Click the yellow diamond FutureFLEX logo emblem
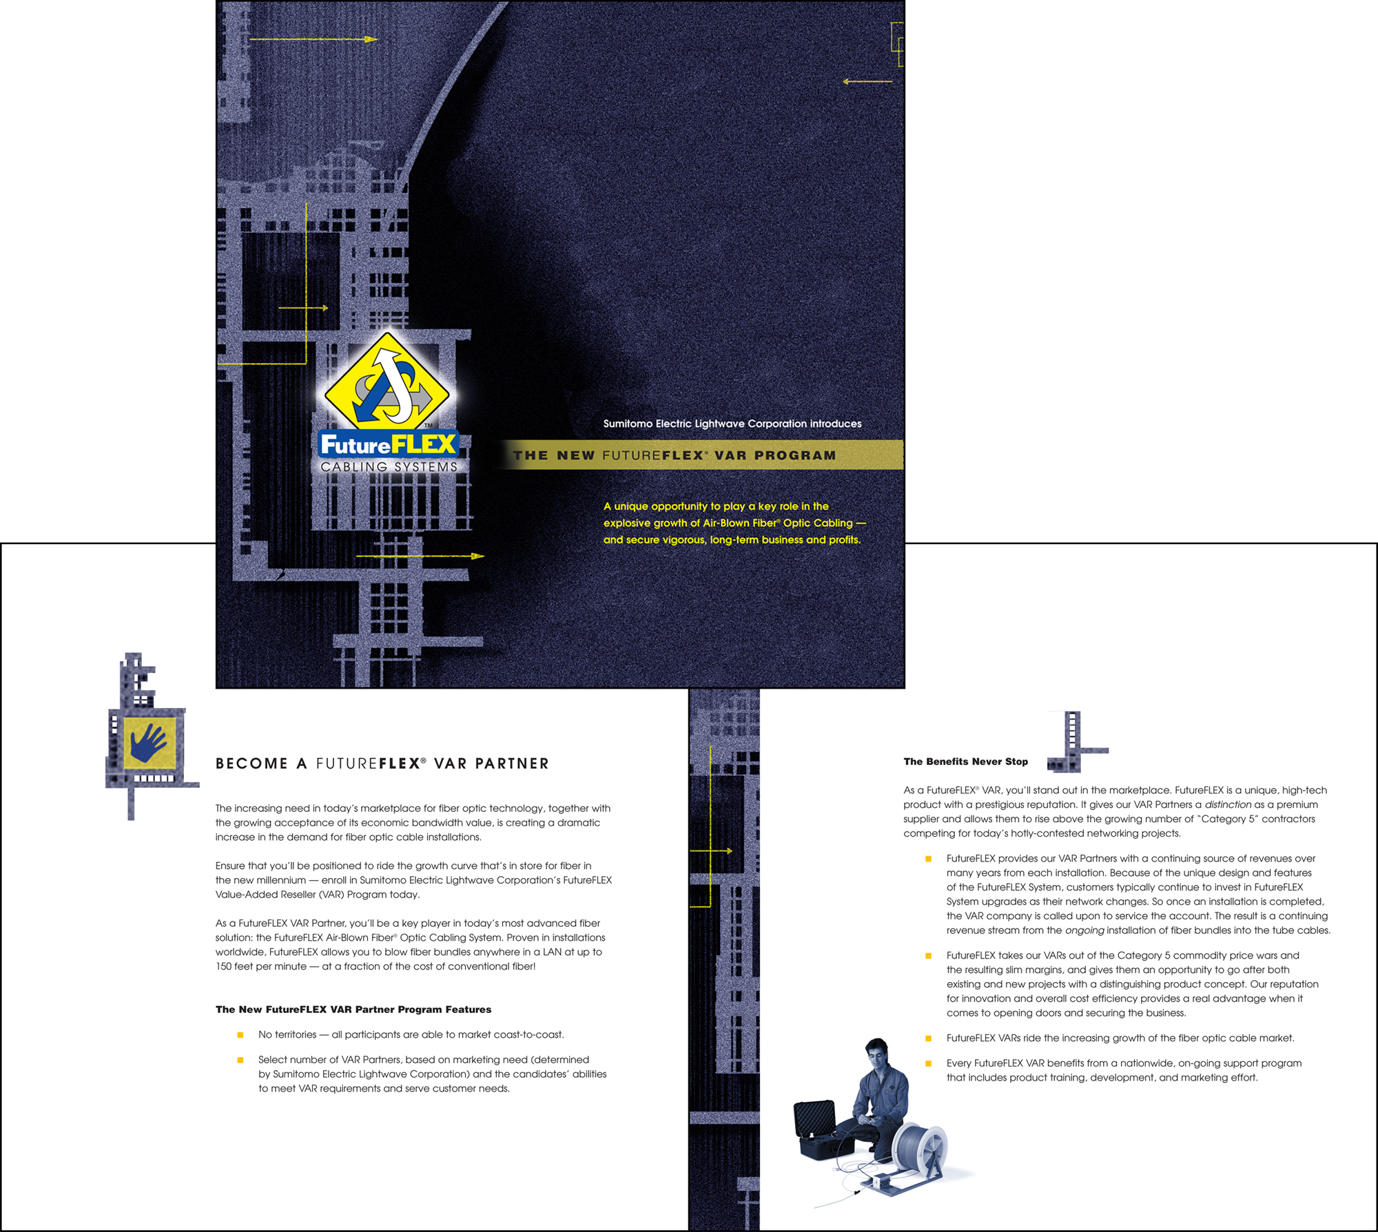click(x=387, y=381)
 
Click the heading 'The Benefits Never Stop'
click(x=965, y=762)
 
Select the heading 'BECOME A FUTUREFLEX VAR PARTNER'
click(x=382, y=764)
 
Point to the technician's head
click(x=876, y=1051)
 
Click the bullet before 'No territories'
click(x=240, y=1035)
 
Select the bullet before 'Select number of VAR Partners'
click(x=240, y=1060)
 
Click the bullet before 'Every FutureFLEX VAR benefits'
click(x=928, y=1063)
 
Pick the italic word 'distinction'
click(x=1228, y=804)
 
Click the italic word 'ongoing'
click(x=1084, y=930)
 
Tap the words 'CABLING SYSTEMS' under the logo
click(x=389, y=467)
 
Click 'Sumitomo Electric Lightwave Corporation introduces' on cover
click(x=732, y=424)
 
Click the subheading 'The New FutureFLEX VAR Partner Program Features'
click(x=353, y=1010)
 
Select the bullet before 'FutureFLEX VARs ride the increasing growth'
click(x=928, y=1038)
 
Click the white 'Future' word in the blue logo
click(x=356, y=446)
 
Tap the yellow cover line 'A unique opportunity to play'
click(x=716, y=506)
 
